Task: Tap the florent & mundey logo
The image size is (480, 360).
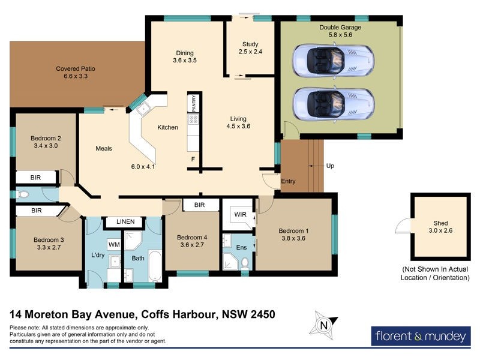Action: (x=418, y=337)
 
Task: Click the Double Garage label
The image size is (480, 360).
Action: (x=340, y=28)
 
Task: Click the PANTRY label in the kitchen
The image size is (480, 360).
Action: (x=194, y=103)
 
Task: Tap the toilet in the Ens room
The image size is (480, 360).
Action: (x=245, y=262)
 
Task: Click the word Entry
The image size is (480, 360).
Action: (x=289, y=182)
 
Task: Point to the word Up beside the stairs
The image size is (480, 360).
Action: (x=330, y=165)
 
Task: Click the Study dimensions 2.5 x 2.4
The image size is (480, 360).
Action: (x=250, y=52)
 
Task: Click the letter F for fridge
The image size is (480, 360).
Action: (x=193, y=159)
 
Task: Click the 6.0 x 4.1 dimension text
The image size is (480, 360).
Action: (x=143, y=166)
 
